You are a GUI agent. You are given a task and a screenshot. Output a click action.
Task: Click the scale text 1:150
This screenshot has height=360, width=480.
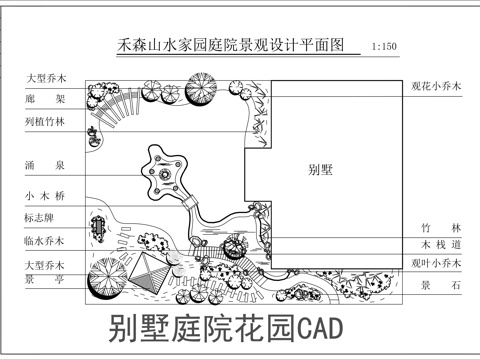pos(383,47)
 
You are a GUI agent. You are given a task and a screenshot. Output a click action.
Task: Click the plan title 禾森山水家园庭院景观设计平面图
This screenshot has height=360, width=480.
pos(231,45)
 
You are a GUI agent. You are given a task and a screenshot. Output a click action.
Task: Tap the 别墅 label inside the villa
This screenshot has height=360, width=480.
pos(320,170)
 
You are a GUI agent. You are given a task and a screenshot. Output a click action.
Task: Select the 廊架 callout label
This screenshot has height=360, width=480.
pos(45,100)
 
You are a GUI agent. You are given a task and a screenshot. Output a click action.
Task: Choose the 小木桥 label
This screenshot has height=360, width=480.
pos(45,196)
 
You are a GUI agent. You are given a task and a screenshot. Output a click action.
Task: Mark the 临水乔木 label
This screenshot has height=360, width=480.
pos(45,241)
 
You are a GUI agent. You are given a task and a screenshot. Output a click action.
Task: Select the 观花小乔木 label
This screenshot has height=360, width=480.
pos(437,87)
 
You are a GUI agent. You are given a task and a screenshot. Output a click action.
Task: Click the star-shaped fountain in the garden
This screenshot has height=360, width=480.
pos(160,180)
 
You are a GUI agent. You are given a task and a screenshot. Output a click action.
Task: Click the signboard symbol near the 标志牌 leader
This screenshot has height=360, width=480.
pos(98,227)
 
